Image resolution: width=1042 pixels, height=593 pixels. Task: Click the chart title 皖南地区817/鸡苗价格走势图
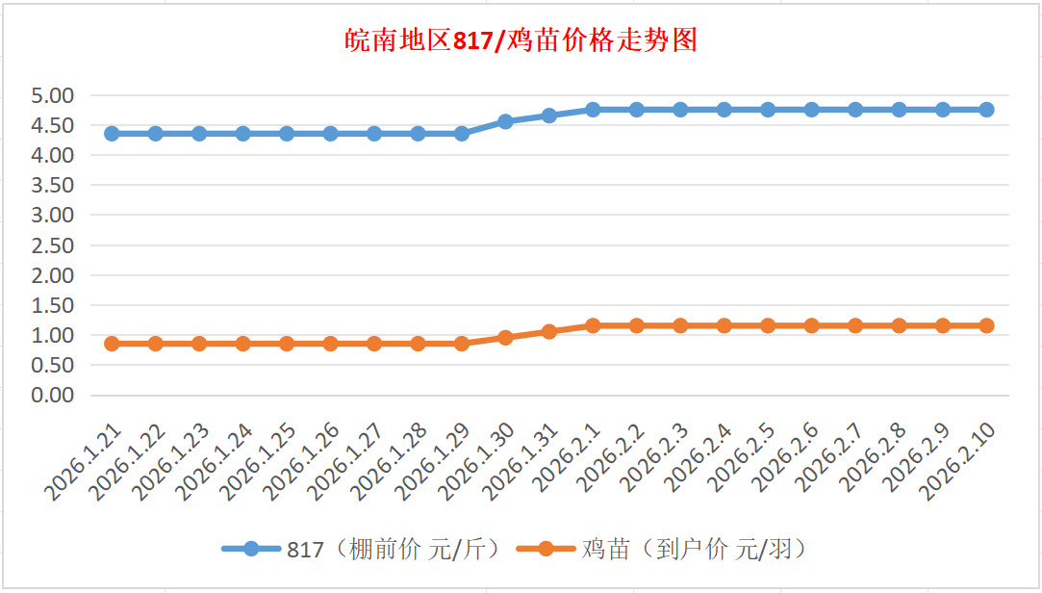521,40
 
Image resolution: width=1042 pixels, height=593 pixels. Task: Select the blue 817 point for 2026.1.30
505,122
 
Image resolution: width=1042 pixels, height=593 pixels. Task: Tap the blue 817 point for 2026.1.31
549,116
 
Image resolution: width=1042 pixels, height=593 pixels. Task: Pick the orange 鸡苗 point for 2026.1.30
505,338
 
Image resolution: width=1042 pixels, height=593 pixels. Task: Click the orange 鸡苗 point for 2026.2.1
593,325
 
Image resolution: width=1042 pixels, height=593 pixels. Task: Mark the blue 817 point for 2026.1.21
112,134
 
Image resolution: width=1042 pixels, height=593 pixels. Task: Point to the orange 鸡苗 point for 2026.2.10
986,325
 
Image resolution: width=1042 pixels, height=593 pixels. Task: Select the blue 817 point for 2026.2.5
768,110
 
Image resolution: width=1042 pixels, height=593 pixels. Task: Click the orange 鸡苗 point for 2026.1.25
287,344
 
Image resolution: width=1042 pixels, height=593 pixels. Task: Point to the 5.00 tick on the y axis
53,95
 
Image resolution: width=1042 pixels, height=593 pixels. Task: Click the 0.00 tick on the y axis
53,395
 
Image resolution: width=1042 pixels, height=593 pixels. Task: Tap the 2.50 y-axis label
53,245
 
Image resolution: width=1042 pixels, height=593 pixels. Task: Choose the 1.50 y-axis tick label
53,305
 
